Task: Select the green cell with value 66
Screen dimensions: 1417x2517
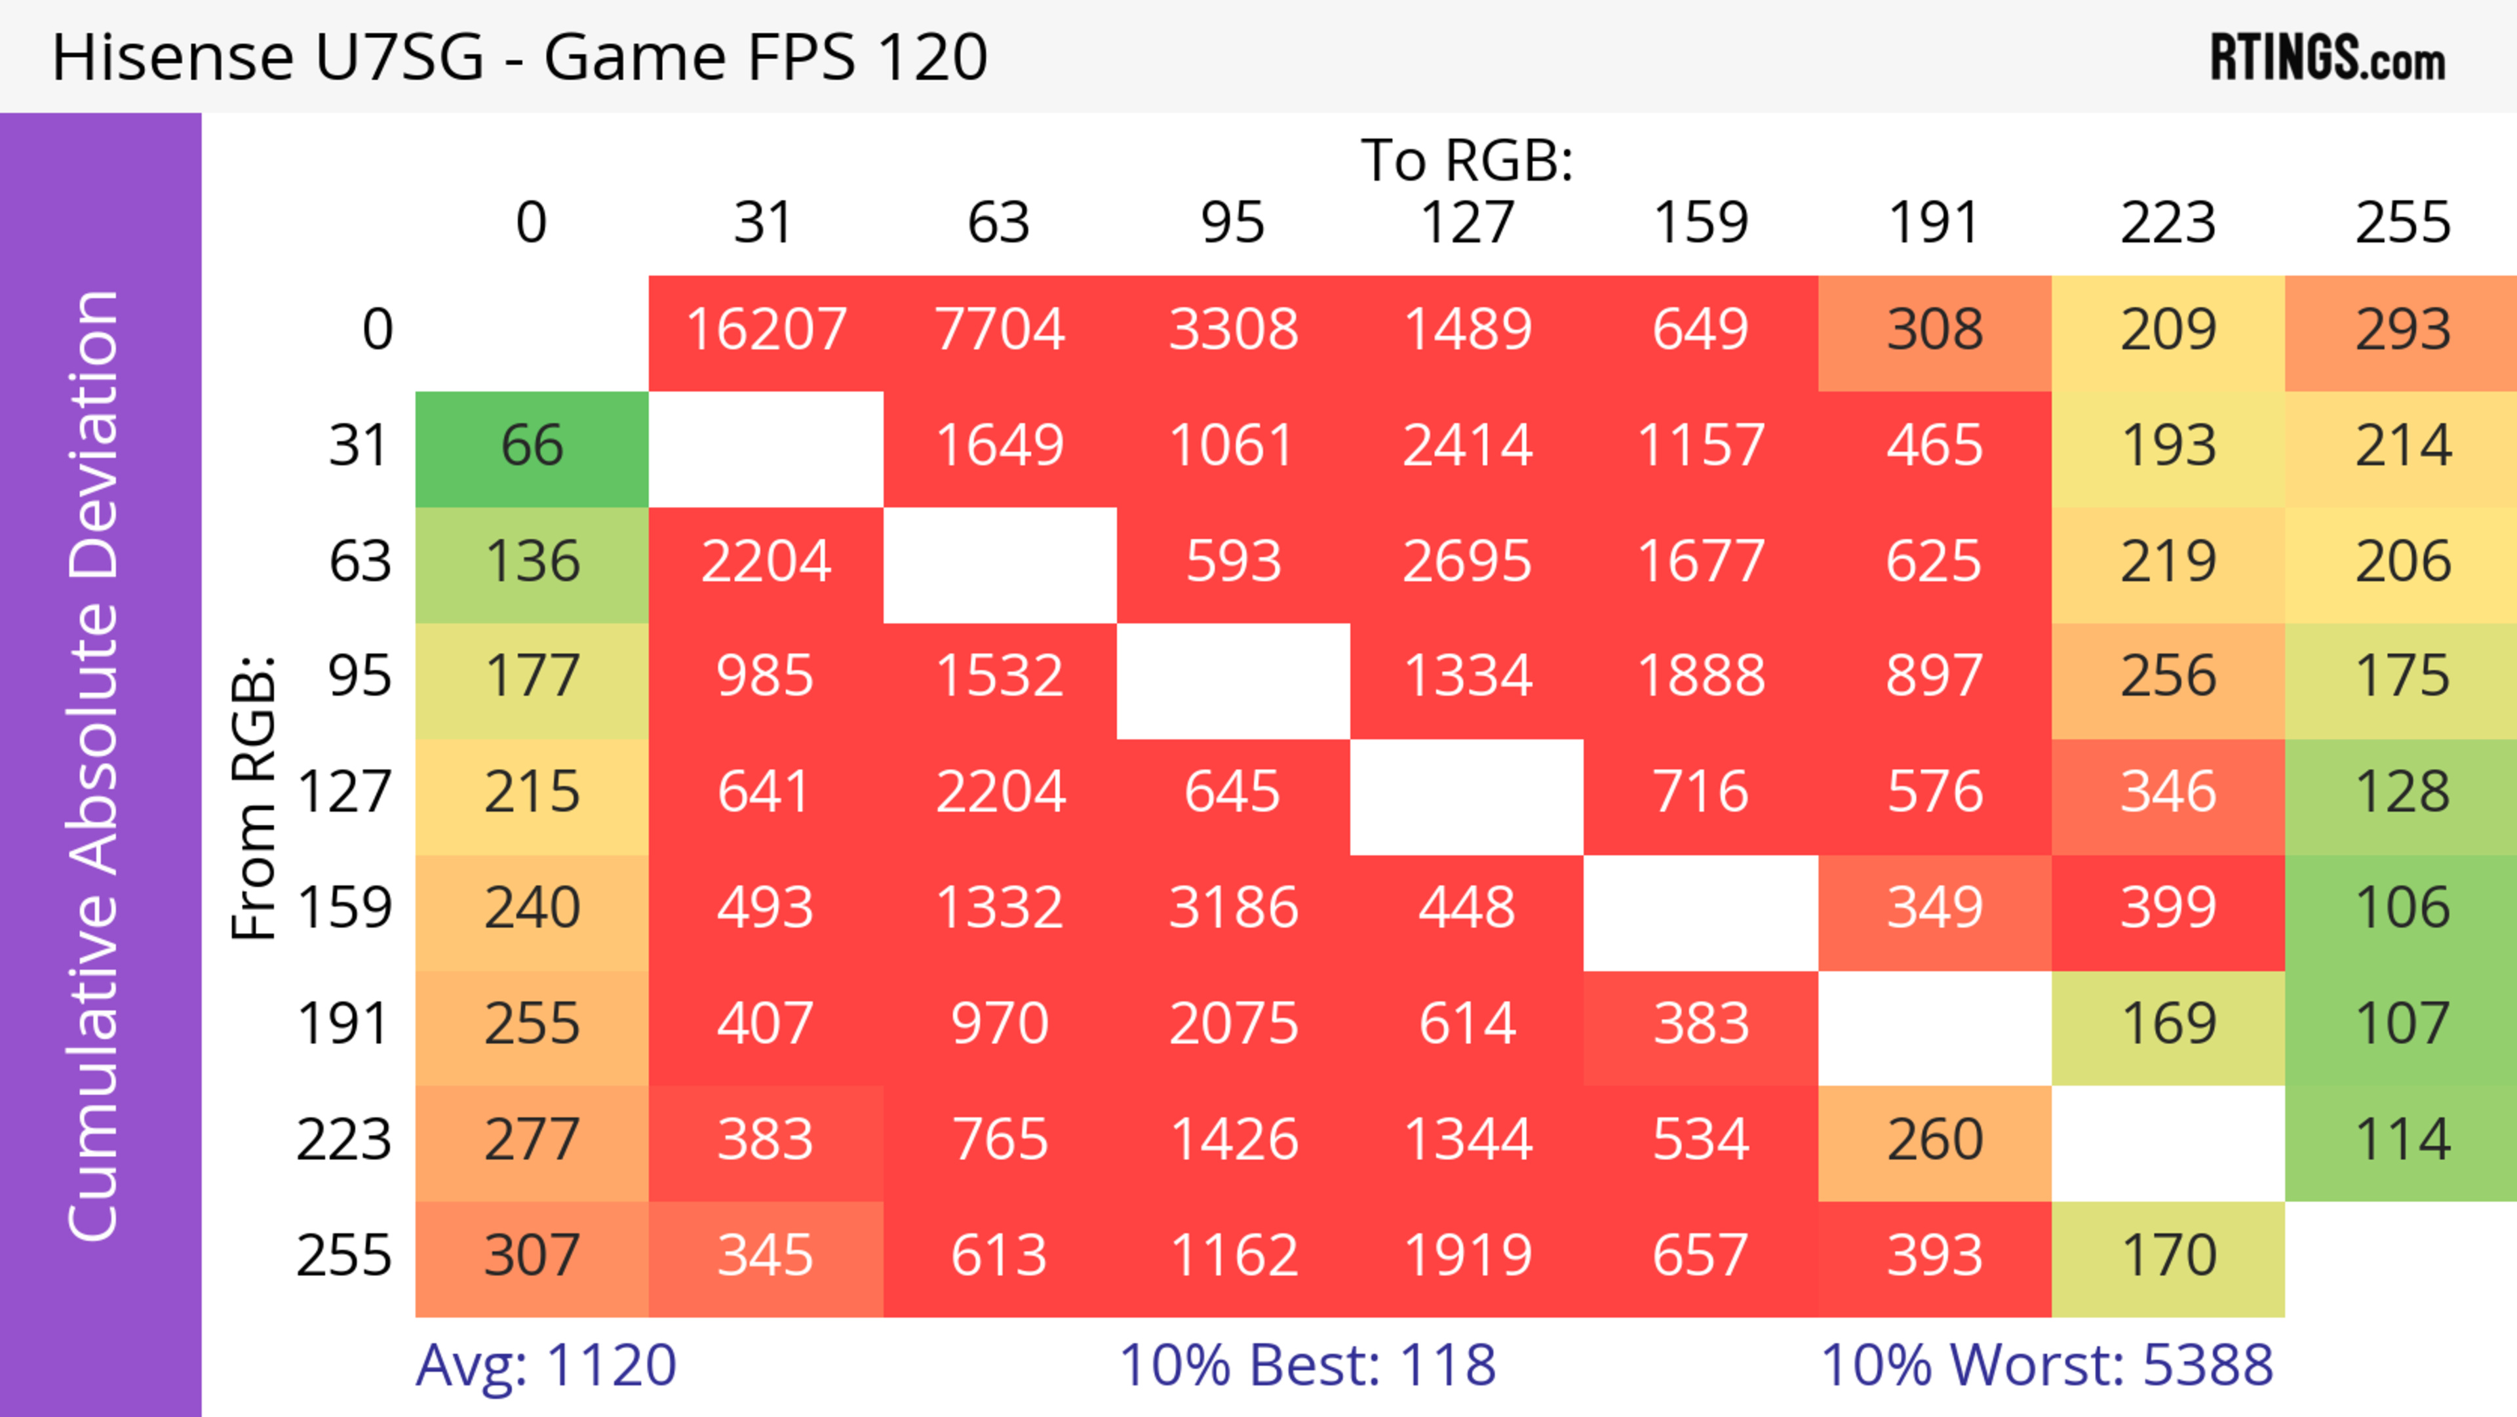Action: coord(532,447)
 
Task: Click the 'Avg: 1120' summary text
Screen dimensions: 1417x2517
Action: coord(545,1365)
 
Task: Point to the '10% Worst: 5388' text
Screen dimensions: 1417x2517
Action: coord(2046,1365)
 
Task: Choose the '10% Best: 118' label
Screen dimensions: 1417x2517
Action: coord(1308,1365)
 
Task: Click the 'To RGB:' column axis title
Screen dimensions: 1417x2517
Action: coord(1467,160)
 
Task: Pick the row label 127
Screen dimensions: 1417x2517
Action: coord(344,791)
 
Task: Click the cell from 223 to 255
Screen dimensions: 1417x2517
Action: coord(2402,1140)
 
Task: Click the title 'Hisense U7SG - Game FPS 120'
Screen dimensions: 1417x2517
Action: coord(519,56)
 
